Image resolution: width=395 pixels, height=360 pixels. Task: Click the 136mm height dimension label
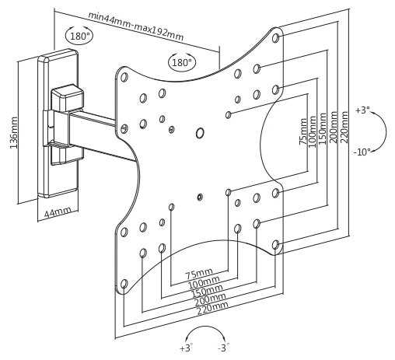point(14,133)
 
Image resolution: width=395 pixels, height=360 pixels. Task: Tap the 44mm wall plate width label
point(58,212)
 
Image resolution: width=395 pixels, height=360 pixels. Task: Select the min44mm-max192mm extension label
point(136,26)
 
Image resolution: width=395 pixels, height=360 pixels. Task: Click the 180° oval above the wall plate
point(79,35)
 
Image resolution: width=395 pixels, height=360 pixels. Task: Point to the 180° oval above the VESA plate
point(182,62)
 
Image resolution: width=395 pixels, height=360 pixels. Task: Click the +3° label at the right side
point(362,110)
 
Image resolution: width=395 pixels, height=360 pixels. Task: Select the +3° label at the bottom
point(187,348)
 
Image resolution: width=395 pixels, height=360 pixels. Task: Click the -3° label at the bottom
point(224,348)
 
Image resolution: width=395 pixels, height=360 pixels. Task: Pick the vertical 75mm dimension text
point(303,131)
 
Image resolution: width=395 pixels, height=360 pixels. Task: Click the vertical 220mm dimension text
point(345,127)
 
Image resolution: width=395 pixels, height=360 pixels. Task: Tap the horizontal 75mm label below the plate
point(199,274)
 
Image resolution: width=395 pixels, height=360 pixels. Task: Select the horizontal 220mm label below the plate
point(213,308)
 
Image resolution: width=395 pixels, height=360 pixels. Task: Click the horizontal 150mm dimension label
point(207,291)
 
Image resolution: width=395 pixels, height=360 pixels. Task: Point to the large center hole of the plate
point(200,133)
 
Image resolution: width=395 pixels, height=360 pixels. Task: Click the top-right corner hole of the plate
point(275,38)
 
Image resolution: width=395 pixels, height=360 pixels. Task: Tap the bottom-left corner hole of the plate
point(124,284)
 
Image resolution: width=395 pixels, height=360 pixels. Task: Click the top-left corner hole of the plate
point(124,77)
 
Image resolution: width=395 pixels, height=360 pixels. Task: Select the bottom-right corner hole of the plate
point(275,245)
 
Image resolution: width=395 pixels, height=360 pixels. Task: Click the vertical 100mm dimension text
point(313,131)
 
